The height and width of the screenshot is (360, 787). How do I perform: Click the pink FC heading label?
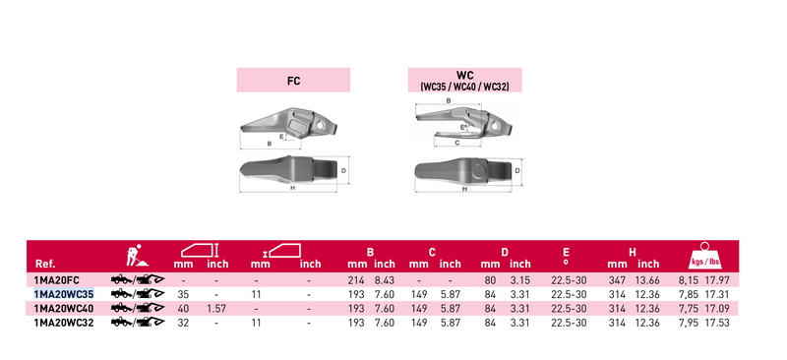tap(293, 81)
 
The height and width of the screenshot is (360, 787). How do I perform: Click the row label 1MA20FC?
tap(57, 280)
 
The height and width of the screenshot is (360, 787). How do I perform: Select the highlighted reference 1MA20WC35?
tap(64, 294)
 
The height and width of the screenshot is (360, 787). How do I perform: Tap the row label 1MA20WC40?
tap(64, 308)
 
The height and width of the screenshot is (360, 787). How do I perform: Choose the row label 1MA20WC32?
tap(64, 323)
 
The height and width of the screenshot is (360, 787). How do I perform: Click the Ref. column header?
tap(45, 265)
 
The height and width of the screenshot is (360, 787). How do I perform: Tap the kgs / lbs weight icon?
tap(704, 256)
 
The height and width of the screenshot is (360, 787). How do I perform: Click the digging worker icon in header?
tap(136, 256)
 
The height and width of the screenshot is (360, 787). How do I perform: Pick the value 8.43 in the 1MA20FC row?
tap(385, 280)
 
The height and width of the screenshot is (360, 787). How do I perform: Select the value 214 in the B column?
tap(356, 280)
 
